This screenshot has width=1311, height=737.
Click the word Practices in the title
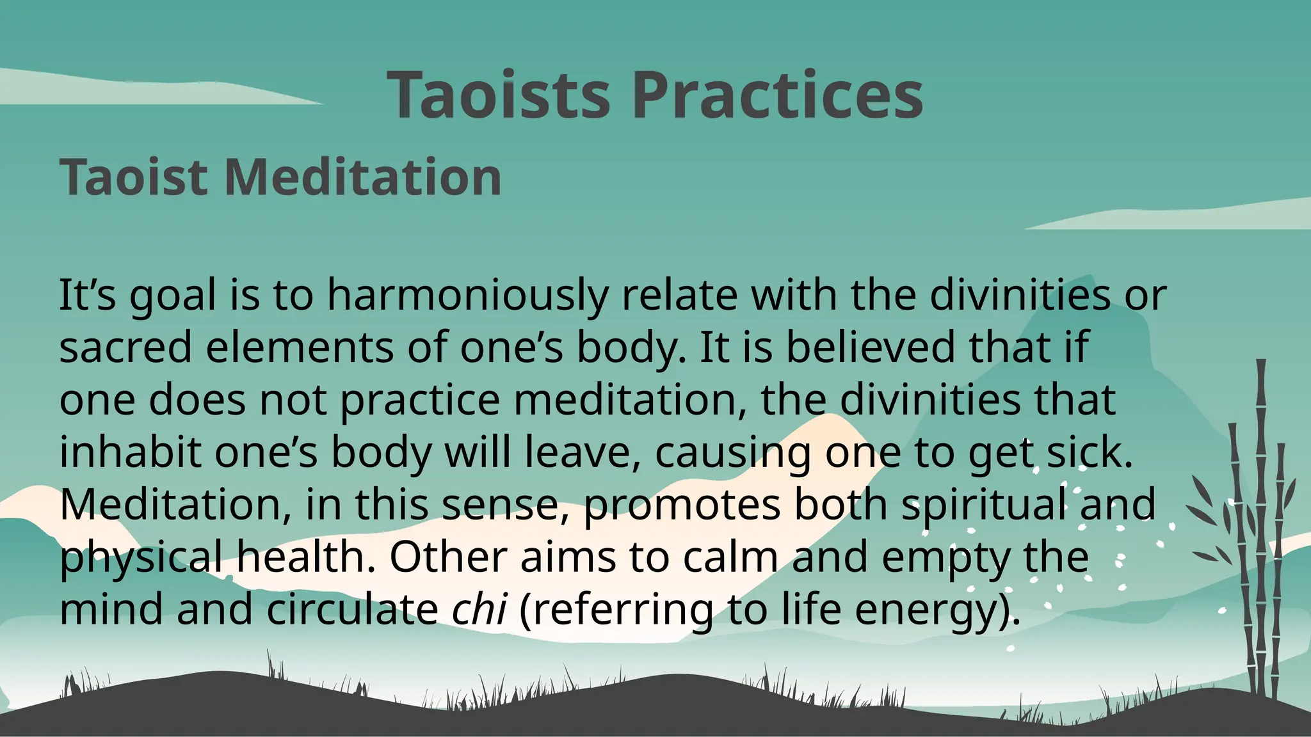(x=777, y=96)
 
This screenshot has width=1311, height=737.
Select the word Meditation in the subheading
(x=363, y=177)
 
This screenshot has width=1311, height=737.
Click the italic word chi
(x=479, y=609)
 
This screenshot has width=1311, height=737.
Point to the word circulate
(x=352, y=609)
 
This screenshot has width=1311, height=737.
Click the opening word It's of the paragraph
(x=87, y=296)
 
